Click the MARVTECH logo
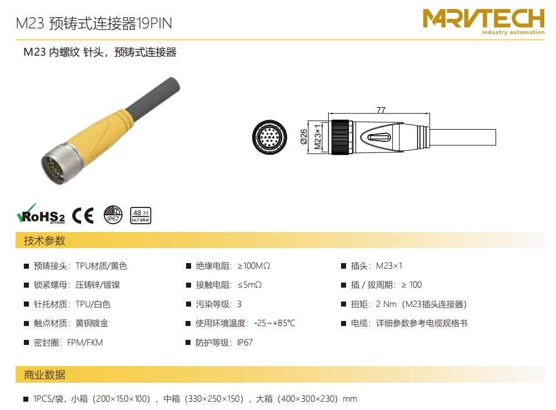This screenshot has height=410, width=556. coord(484,21)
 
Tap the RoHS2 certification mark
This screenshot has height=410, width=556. coord(41,214)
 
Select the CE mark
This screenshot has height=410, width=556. coord(83,215)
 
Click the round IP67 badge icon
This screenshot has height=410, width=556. coord(113,215)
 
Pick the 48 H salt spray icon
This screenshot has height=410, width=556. coord(141,215)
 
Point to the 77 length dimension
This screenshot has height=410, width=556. coord(381,110)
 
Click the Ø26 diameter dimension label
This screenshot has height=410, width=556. coord(304,136)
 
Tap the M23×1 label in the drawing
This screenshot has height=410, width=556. coord(318,137)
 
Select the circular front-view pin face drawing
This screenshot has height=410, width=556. coord(269,137)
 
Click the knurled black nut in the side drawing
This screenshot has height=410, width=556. coord(340,137)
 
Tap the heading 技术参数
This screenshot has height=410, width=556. coord(44,240)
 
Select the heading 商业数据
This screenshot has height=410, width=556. coord(44,374)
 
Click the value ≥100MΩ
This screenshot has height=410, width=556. coord(254,266)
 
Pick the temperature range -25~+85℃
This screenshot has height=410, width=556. coord(274,323)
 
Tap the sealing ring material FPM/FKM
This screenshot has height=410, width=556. coord(85,343)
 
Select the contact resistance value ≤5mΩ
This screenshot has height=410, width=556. coord(249,285)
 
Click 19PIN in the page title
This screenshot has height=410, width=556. coord(154,23)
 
